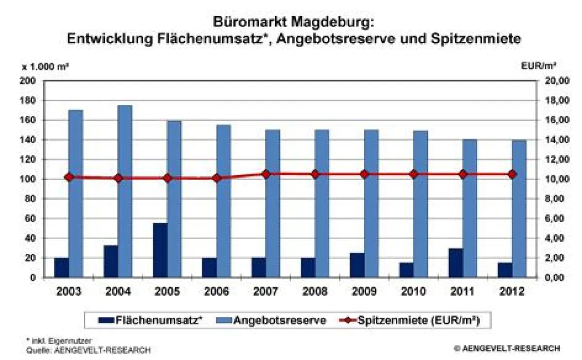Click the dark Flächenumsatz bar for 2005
click(160, 250)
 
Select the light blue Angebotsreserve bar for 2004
click(125, 191)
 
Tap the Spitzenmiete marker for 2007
click(266, 174)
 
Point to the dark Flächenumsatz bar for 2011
click(456, 263)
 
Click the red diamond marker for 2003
click(68, 177)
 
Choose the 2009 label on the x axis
click(364, 292)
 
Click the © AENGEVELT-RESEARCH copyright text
click(507, 348)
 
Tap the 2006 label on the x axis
click(216, 292)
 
